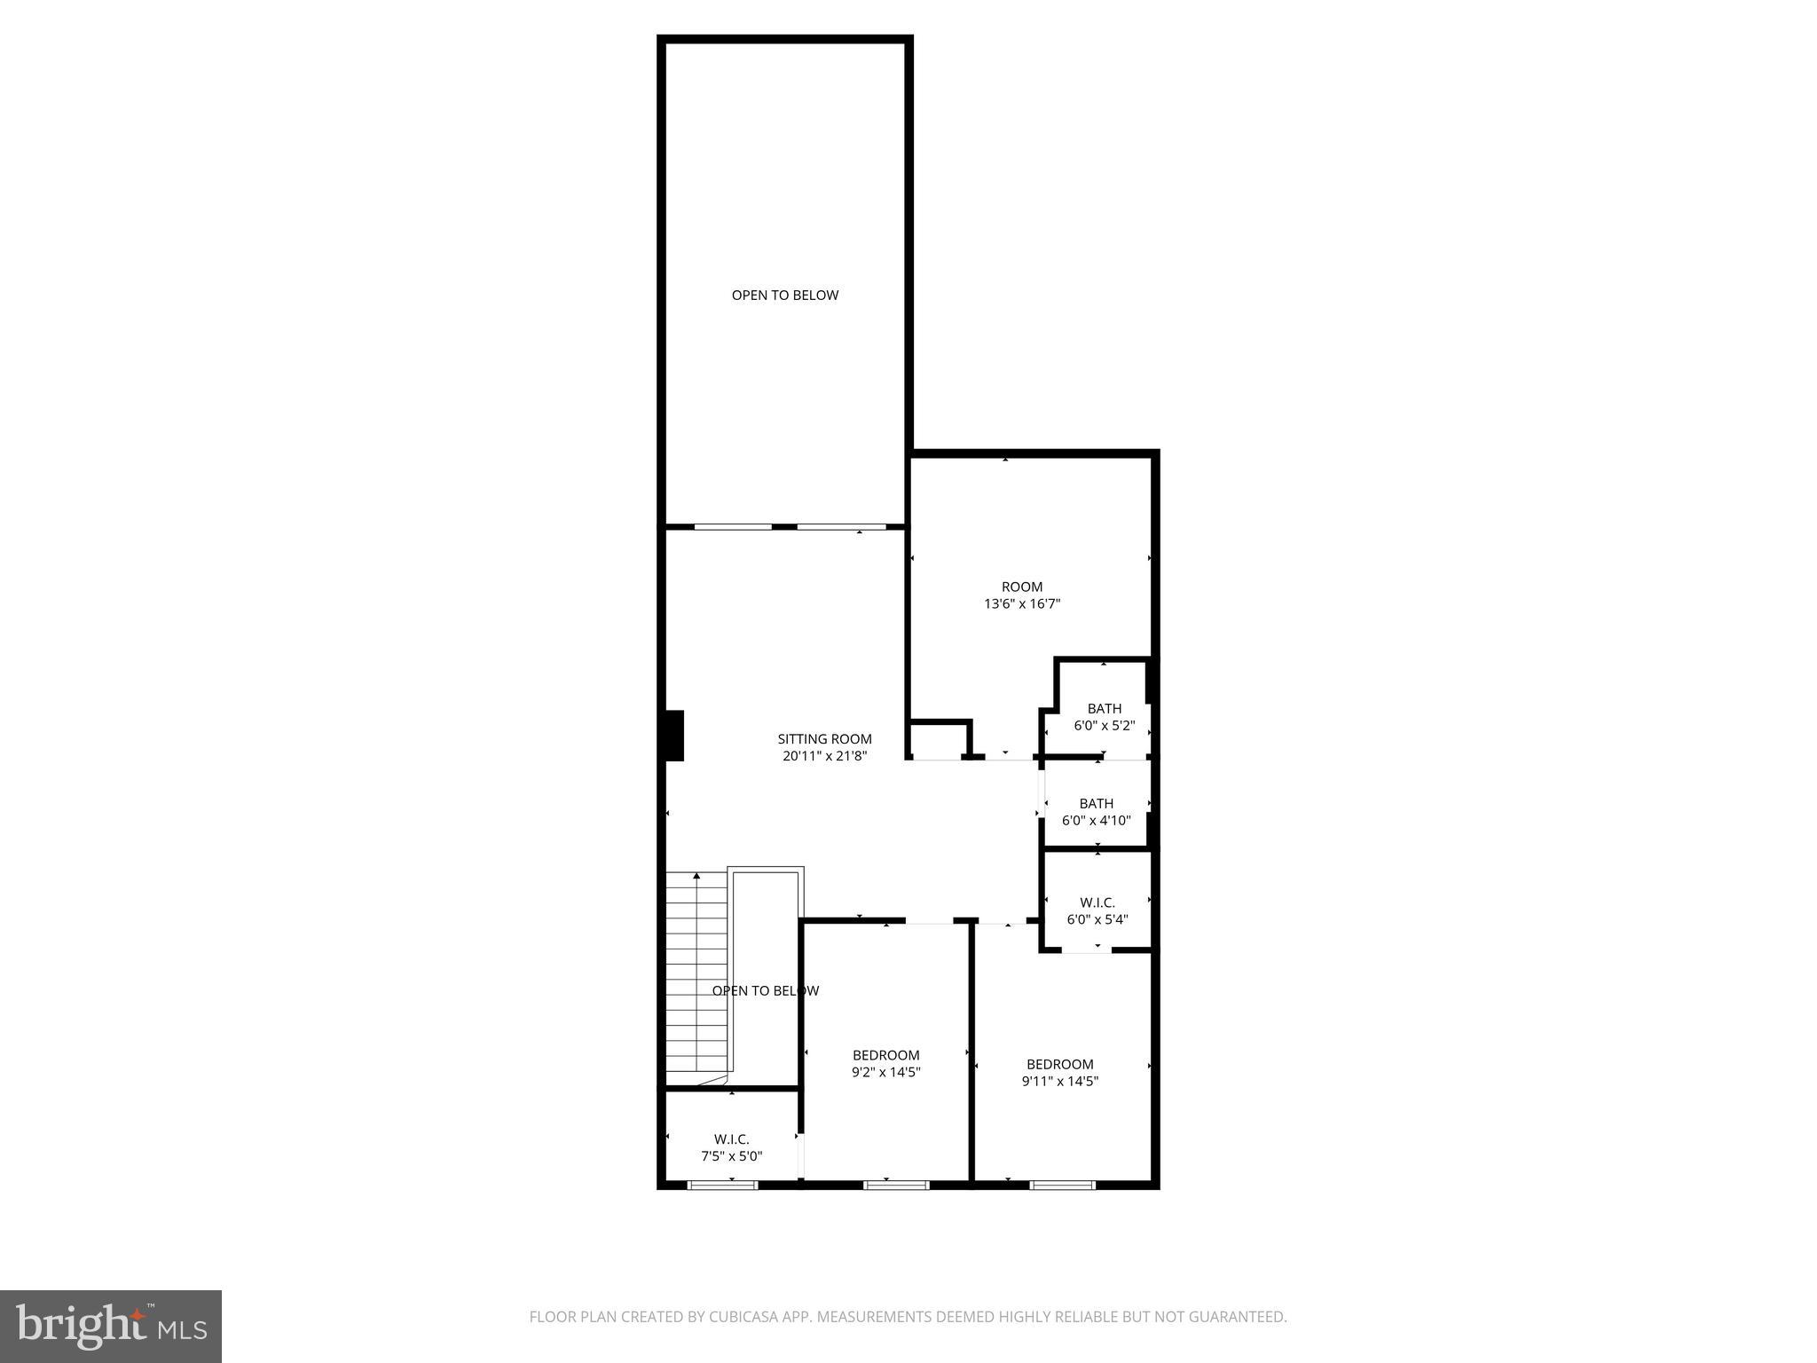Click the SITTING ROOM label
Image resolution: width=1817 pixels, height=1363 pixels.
tap(824, 738)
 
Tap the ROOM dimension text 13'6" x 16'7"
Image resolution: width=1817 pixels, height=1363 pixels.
tap(1022, 604)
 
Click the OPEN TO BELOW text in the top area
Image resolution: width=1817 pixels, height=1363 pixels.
tap(784, 295)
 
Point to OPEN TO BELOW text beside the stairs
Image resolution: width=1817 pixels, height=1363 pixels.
tap(765, 990)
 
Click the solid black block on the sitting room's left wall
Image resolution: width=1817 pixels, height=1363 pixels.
tap(674, 735)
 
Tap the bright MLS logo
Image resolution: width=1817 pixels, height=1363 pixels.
tap(111, 1326)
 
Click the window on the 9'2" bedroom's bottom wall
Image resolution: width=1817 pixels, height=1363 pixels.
tap(896, 1184)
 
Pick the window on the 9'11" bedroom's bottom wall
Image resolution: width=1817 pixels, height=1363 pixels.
tap(1062, 1184)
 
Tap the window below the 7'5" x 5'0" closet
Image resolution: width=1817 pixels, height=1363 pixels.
tap(722, 1184)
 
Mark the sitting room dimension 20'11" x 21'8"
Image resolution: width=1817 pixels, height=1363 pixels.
tap(824, 756)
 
